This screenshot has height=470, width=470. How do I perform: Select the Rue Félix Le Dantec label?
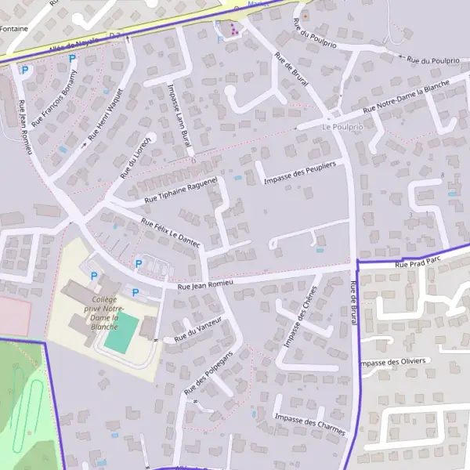tap(171, 234)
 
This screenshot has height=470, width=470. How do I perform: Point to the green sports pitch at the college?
tap(121, 332)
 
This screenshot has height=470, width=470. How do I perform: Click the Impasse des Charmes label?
tap(310, 423)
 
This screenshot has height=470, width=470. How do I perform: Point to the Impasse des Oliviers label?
tap(392, 361)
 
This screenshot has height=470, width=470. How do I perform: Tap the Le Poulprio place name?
tap(343, 126)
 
